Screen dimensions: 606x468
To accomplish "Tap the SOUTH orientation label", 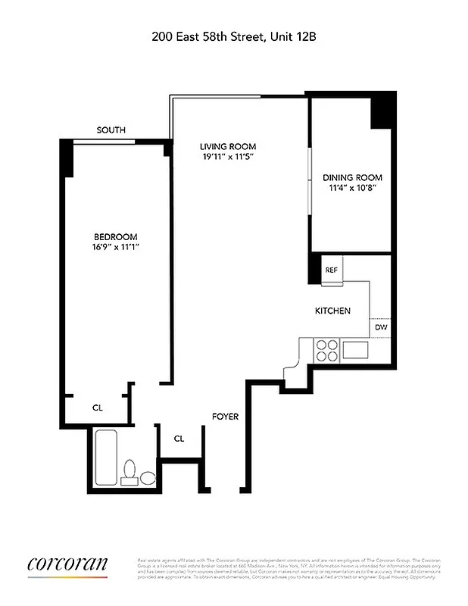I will tap(111, 130).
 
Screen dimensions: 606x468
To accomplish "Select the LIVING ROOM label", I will tap(227, 146).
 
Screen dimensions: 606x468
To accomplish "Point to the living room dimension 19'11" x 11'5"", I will tap(227, 157).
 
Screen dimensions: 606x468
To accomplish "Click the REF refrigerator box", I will tap(332, 270).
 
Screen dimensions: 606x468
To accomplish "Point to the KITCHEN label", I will tap(332, 311).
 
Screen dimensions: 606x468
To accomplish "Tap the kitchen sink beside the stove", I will tap(355, 349).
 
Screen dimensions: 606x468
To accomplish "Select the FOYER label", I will tap(225, 417).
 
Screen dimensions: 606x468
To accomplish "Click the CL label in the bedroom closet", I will tap(98, 408).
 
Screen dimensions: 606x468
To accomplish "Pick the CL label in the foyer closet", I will tap(179, 438).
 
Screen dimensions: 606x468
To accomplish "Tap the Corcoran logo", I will tap(67, 564).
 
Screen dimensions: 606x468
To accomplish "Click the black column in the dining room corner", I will tap(382, 111).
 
